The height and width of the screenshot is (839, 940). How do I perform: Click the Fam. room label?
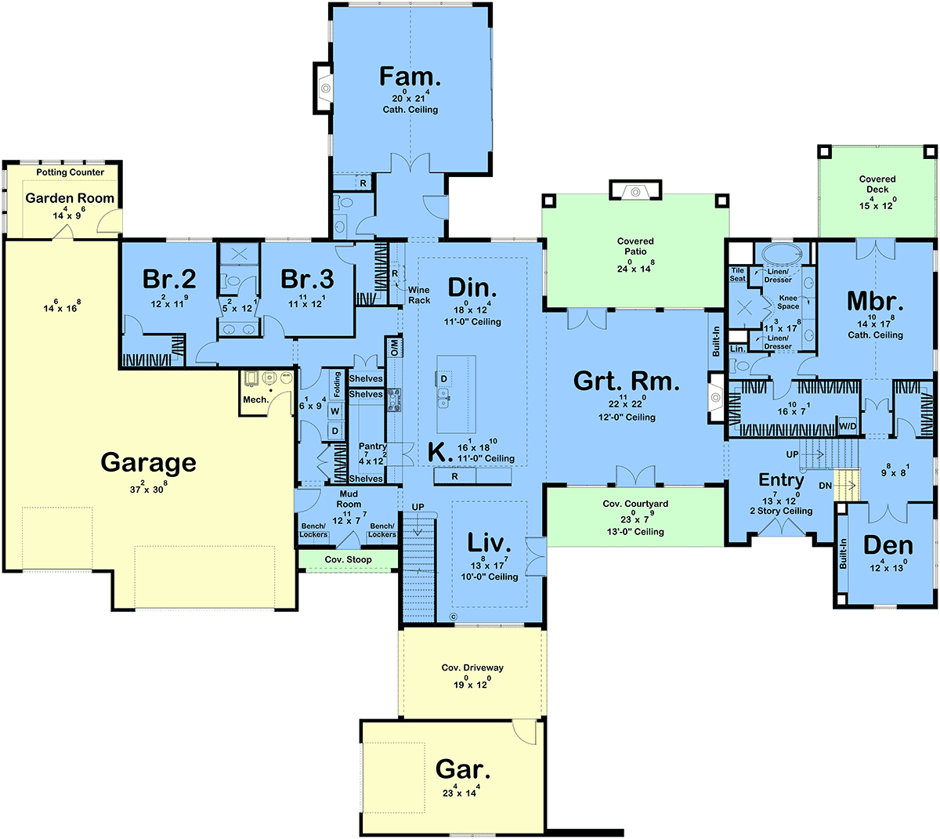point(410,77)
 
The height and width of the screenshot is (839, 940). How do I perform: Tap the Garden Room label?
point(70,198)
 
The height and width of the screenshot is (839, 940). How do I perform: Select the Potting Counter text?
point(70,172)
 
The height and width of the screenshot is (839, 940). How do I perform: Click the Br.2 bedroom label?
point(169,279)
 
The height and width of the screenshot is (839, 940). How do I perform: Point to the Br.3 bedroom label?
point(307,279)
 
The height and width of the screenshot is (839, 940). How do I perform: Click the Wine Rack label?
point(419,295)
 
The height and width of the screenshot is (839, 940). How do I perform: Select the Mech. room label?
point(255,400)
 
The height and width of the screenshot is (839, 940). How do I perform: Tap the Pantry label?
point(373,446)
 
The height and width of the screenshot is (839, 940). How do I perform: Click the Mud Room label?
point(349,499)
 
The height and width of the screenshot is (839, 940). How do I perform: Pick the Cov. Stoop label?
point(348,559)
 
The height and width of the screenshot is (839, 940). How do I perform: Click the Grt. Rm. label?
point(627,382)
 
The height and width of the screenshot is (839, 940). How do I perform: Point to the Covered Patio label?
point(635,247)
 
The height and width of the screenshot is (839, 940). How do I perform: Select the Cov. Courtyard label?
point(635,504)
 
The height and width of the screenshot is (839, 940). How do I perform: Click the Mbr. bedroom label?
point(875,302)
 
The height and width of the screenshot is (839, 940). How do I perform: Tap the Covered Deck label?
point(877,184)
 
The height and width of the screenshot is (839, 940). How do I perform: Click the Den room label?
point(888,546)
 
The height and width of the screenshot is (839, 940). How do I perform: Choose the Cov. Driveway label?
point(472,667)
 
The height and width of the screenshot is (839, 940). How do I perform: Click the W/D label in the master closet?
point(848,425)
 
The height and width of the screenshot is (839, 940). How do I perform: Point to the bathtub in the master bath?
point(782,254)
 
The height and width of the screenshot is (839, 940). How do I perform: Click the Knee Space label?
point(788,302)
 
